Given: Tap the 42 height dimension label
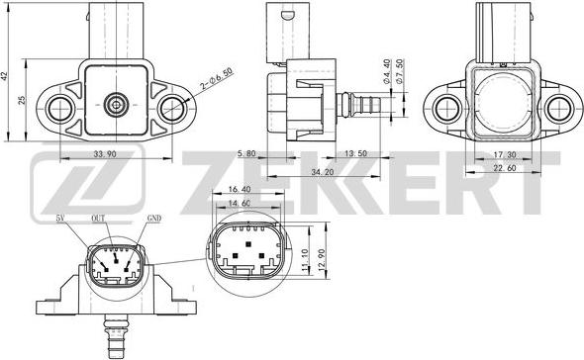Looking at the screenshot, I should tap(7, 75).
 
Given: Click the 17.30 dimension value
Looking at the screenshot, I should tap(504, 155).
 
